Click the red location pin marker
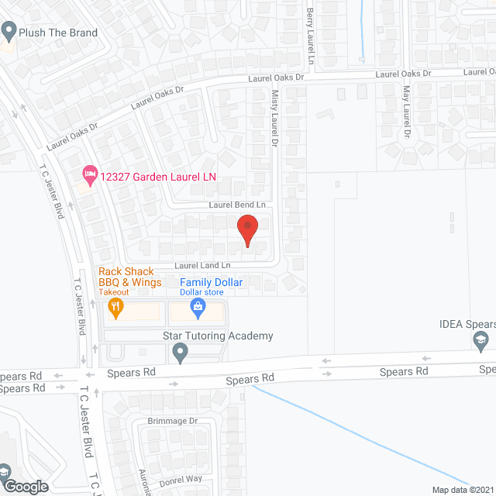[x=247, y=230]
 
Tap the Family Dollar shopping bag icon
[x=198, y=308]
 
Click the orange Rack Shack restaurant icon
[x=116, y=308]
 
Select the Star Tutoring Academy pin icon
[x=181, y=353]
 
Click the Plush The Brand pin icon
[x=9, y=32]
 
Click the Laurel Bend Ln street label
[x=237, y=205]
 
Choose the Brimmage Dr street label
[x=173, y=421]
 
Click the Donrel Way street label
[x=180, y=479]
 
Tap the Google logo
[x=25, y=487]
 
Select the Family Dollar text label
[x=212, y=283]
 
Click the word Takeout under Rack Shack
[x=115, y=293]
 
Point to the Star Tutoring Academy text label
[x=218, y=336]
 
